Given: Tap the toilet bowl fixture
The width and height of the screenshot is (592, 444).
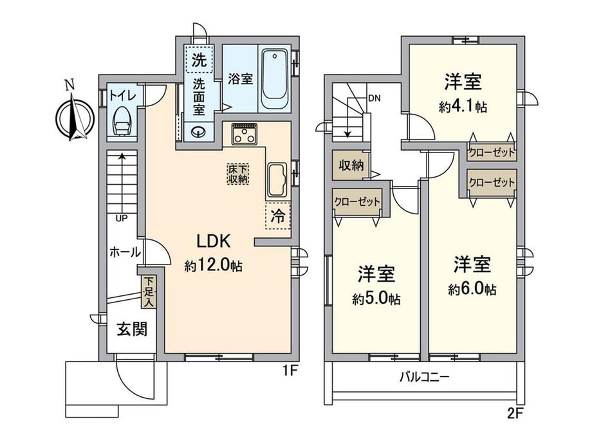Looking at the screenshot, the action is click(122, 120).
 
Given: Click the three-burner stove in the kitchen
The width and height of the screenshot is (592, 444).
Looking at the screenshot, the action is click(245, 134).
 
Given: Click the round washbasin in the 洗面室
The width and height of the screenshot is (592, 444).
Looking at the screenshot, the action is click(198, 132).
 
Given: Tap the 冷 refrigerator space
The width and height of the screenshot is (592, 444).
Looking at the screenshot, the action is click(278, 216).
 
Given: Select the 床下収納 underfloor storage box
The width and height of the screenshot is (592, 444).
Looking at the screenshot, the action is click(238, 174).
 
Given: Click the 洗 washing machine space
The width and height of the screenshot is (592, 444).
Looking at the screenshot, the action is click(199, 59).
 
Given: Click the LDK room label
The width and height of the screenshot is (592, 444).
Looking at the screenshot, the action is click(214, 241).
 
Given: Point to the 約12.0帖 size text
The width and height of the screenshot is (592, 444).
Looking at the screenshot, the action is click(214, 266).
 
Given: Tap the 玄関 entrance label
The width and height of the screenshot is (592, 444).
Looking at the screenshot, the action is click(132, 329).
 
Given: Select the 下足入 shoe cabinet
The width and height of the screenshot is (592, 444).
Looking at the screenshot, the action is click(149, 292).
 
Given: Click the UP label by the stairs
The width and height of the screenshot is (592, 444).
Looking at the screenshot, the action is click(122, 218).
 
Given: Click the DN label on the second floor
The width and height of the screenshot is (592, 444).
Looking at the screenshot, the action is click(374, 98).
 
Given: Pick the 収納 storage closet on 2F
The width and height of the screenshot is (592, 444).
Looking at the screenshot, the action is click(351, 165).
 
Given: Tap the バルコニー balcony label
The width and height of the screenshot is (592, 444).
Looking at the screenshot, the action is click(425, 377).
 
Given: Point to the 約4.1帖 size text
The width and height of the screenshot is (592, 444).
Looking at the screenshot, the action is click(463, 107).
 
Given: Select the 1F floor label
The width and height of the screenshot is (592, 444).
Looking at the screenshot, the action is click(291, 371).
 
